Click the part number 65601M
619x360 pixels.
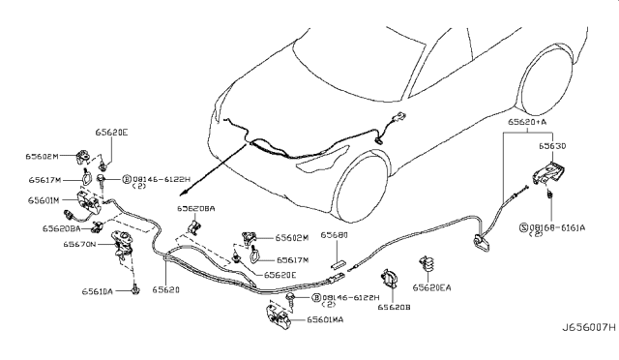pyautogui.click(x=44, y=200)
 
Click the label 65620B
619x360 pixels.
pyautogui.click(x=395, y=307)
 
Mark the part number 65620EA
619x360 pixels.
pyautogui.click(x=431, y=287)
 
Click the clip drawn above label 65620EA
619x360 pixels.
pyautogui.click(x=426, y=265)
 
